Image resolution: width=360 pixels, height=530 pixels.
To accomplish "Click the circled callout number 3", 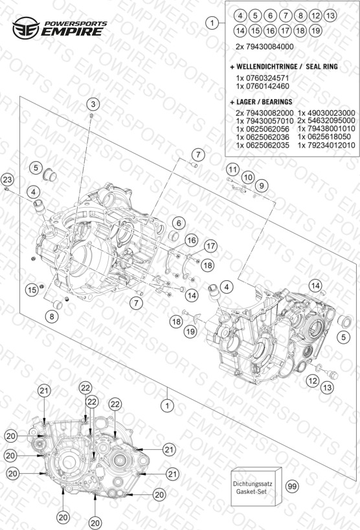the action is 93,104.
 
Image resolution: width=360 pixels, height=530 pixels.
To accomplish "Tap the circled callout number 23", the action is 7,179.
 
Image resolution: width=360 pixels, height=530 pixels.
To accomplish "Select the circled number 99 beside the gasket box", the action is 292,486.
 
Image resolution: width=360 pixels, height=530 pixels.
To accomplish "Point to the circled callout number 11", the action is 232,169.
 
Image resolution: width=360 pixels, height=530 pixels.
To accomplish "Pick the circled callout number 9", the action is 262,185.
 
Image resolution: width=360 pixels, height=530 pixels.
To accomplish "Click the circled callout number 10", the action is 248,177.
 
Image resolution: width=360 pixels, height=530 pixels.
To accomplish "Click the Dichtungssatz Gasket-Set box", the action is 256,487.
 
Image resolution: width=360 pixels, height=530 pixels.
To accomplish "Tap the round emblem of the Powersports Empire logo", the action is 26,28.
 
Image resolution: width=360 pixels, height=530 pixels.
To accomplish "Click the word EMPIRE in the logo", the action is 73,32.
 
